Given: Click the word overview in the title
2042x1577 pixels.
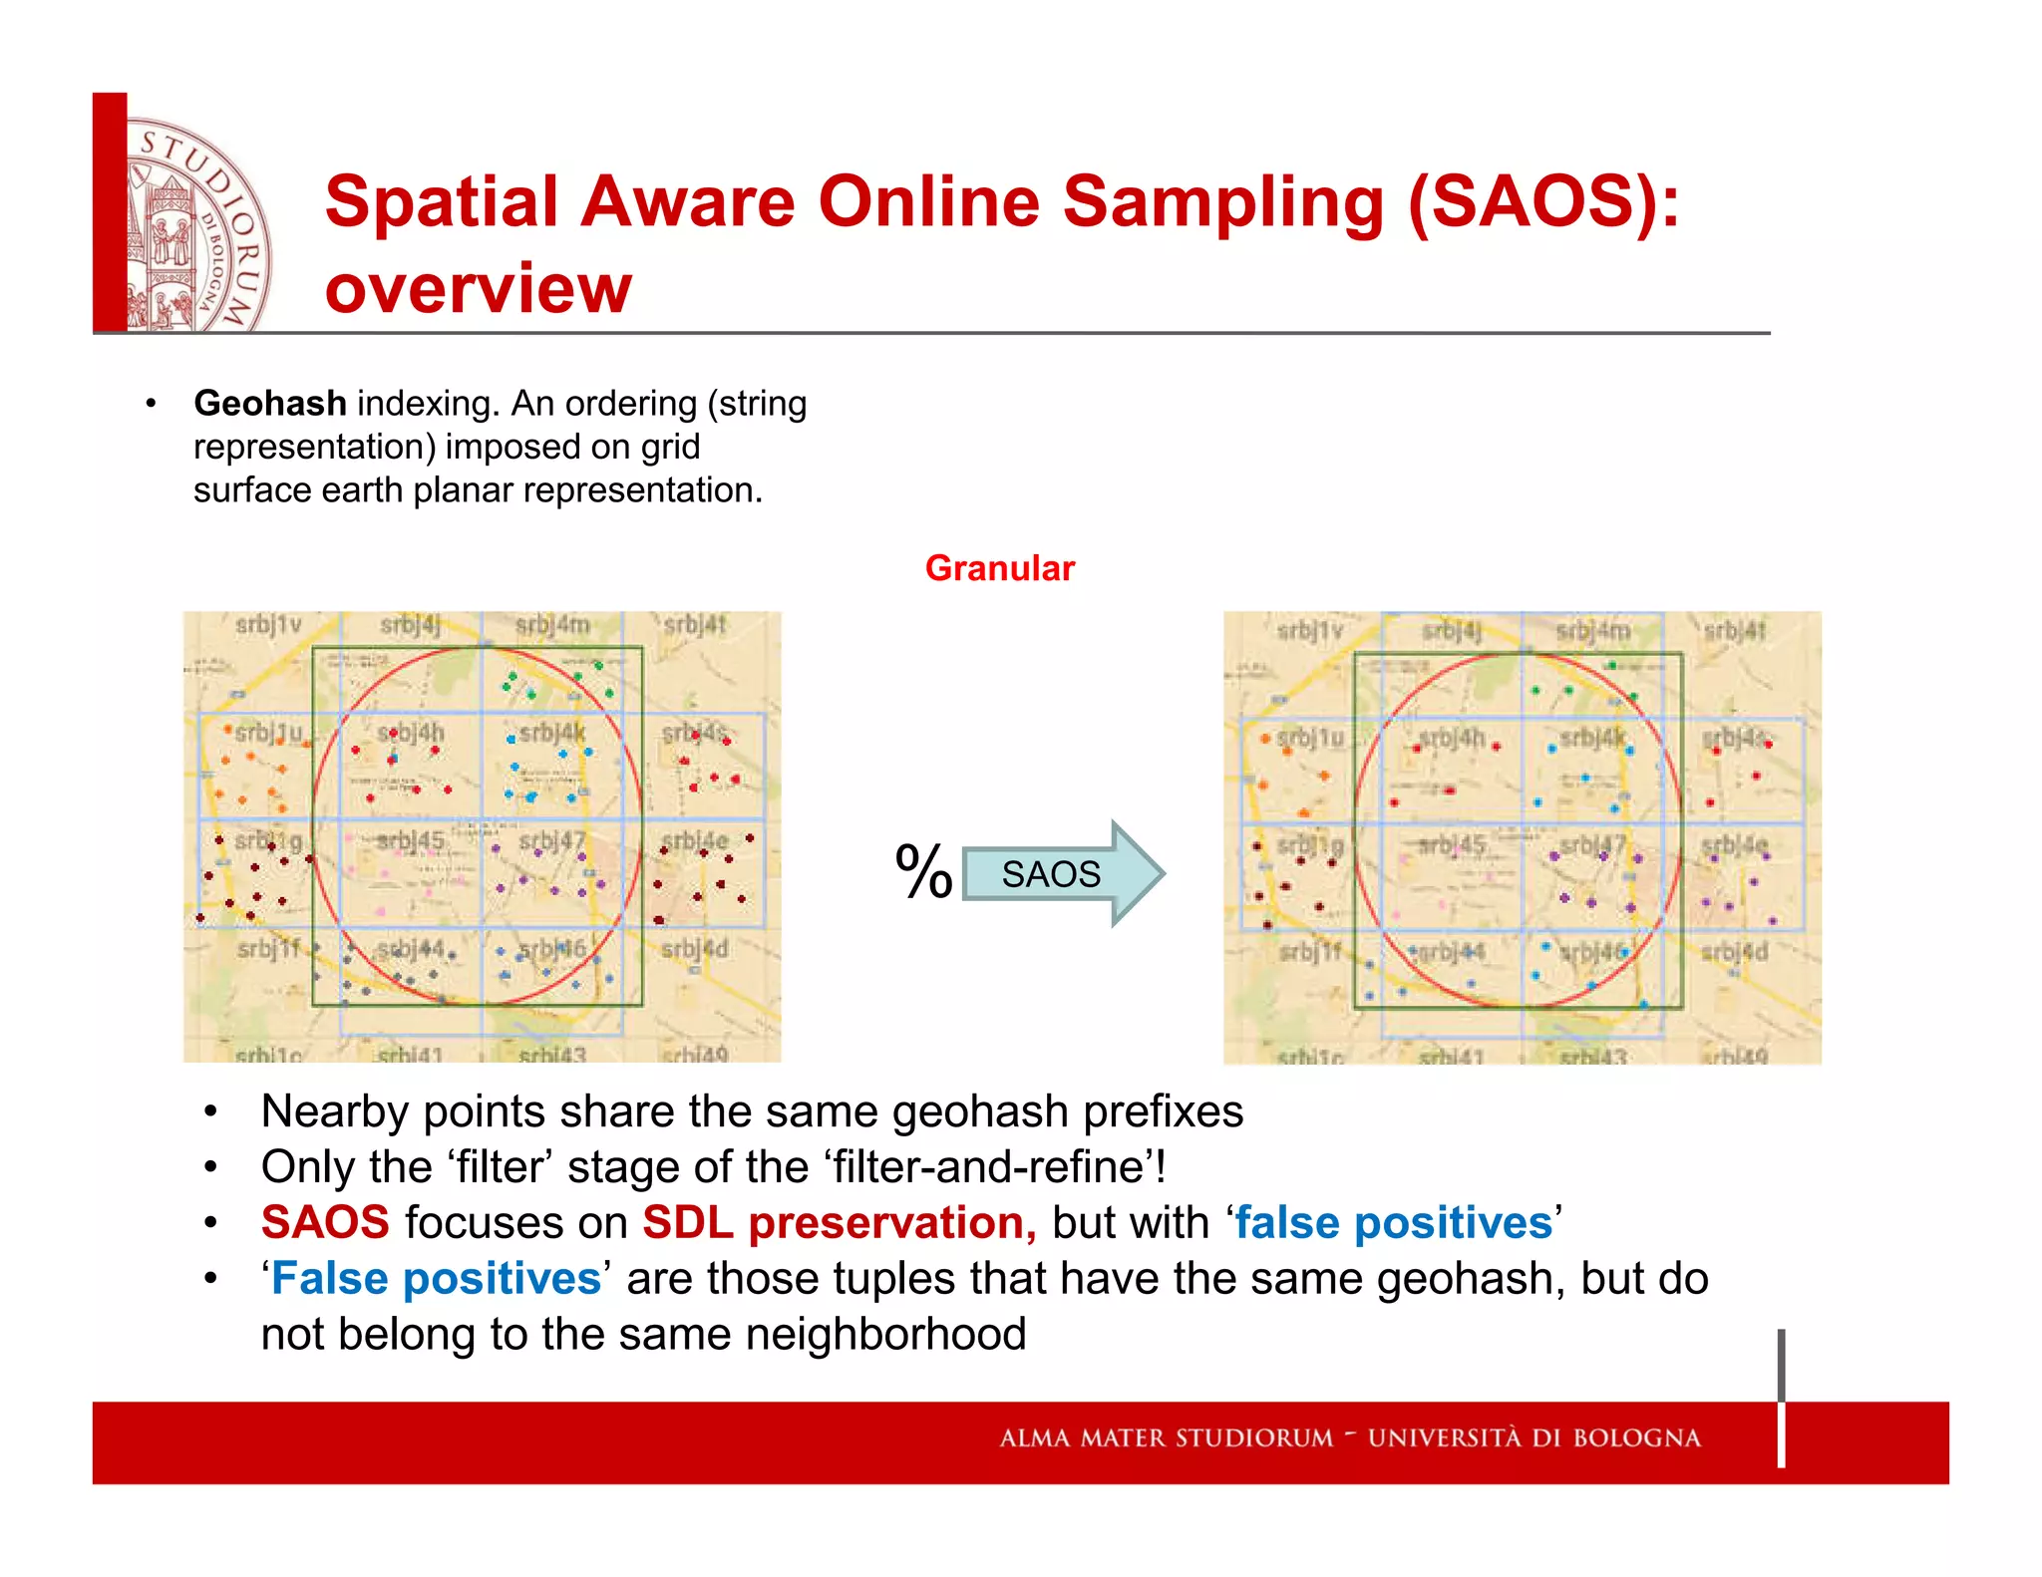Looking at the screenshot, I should click(x=479, y=288).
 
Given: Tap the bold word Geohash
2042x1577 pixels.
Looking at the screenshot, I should click(x=269, y=403).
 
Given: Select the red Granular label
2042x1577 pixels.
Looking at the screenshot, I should click(x=999, y=567).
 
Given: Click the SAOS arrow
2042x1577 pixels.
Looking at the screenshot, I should click(x=1061, y=873).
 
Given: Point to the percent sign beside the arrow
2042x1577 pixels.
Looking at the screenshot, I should click(x=923, y=872).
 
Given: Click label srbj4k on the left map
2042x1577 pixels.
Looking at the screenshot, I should click(x=551, y=733).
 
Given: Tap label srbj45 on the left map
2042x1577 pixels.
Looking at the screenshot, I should click(x=410, y=841).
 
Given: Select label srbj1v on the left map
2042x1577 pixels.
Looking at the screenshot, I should click(x=267, y=625).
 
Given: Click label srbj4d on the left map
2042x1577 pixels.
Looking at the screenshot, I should click(x=695, y=948).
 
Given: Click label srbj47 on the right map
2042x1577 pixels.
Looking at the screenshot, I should click(x=1591, y=845).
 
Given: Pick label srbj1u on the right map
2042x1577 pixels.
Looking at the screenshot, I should click(x=1310, y=738).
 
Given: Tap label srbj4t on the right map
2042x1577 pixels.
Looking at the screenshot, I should click(x=1734, y=630).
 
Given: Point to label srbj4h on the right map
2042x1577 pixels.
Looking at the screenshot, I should click(x=1452, y=738).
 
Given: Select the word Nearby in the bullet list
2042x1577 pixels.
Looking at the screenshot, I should click(x=333, y=1110).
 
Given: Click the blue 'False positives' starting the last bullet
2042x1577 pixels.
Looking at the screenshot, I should click(x=435, y=1278).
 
